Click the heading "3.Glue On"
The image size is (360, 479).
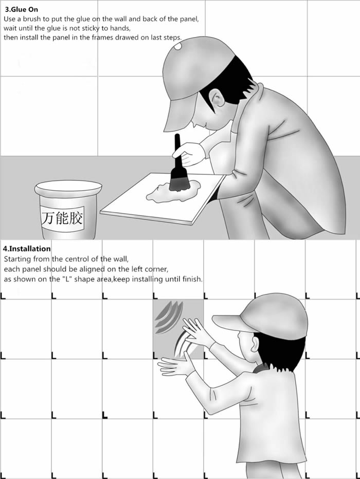pos(22,9)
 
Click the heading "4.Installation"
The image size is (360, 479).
pos(27,249)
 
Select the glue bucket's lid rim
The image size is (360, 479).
pos(68,187)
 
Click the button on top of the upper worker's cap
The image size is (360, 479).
pos(177,47)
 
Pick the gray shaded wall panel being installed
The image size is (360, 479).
pos(178,329)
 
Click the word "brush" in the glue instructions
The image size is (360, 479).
pos(33,19)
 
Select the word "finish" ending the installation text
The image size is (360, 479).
pos(191,279)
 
